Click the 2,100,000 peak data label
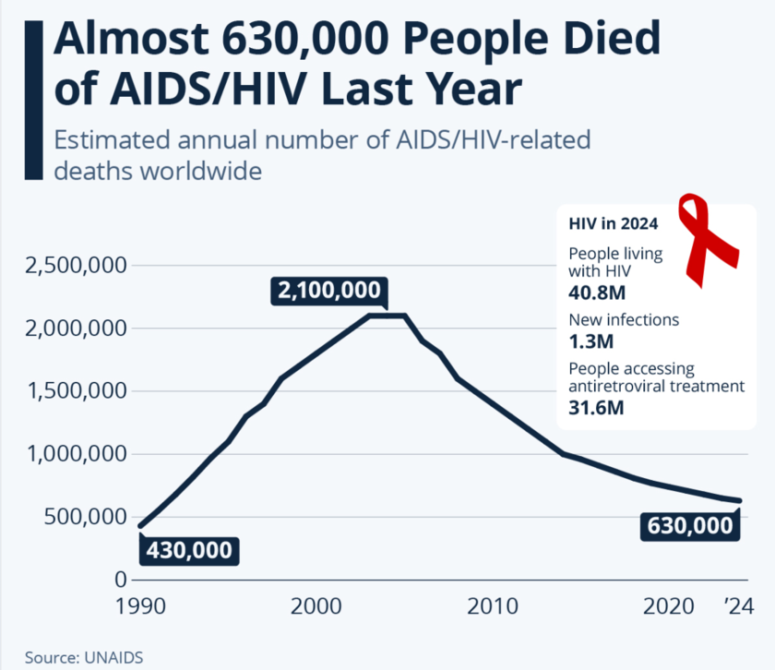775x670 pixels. (328, 292)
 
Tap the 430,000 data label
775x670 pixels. (188, 550)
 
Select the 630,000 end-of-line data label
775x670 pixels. (690, 526)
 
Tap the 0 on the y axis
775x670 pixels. (120, 580)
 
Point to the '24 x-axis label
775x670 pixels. (739, 606)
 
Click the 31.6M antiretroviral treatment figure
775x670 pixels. (595, 407)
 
